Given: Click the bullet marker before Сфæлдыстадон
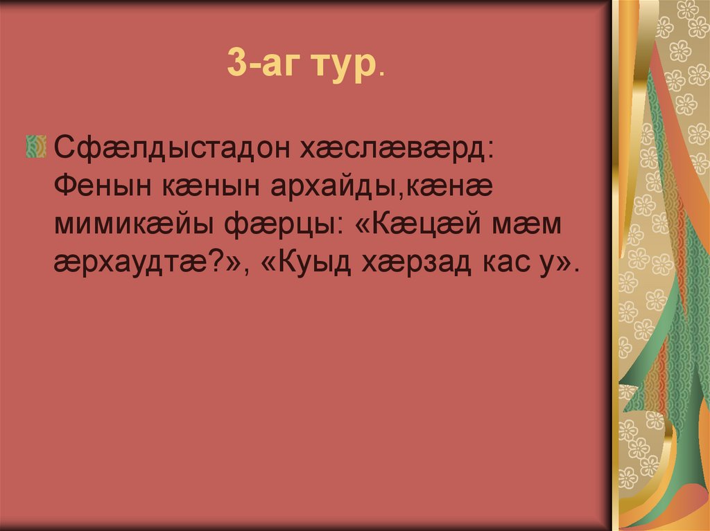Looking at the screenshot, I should [35, 147].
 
